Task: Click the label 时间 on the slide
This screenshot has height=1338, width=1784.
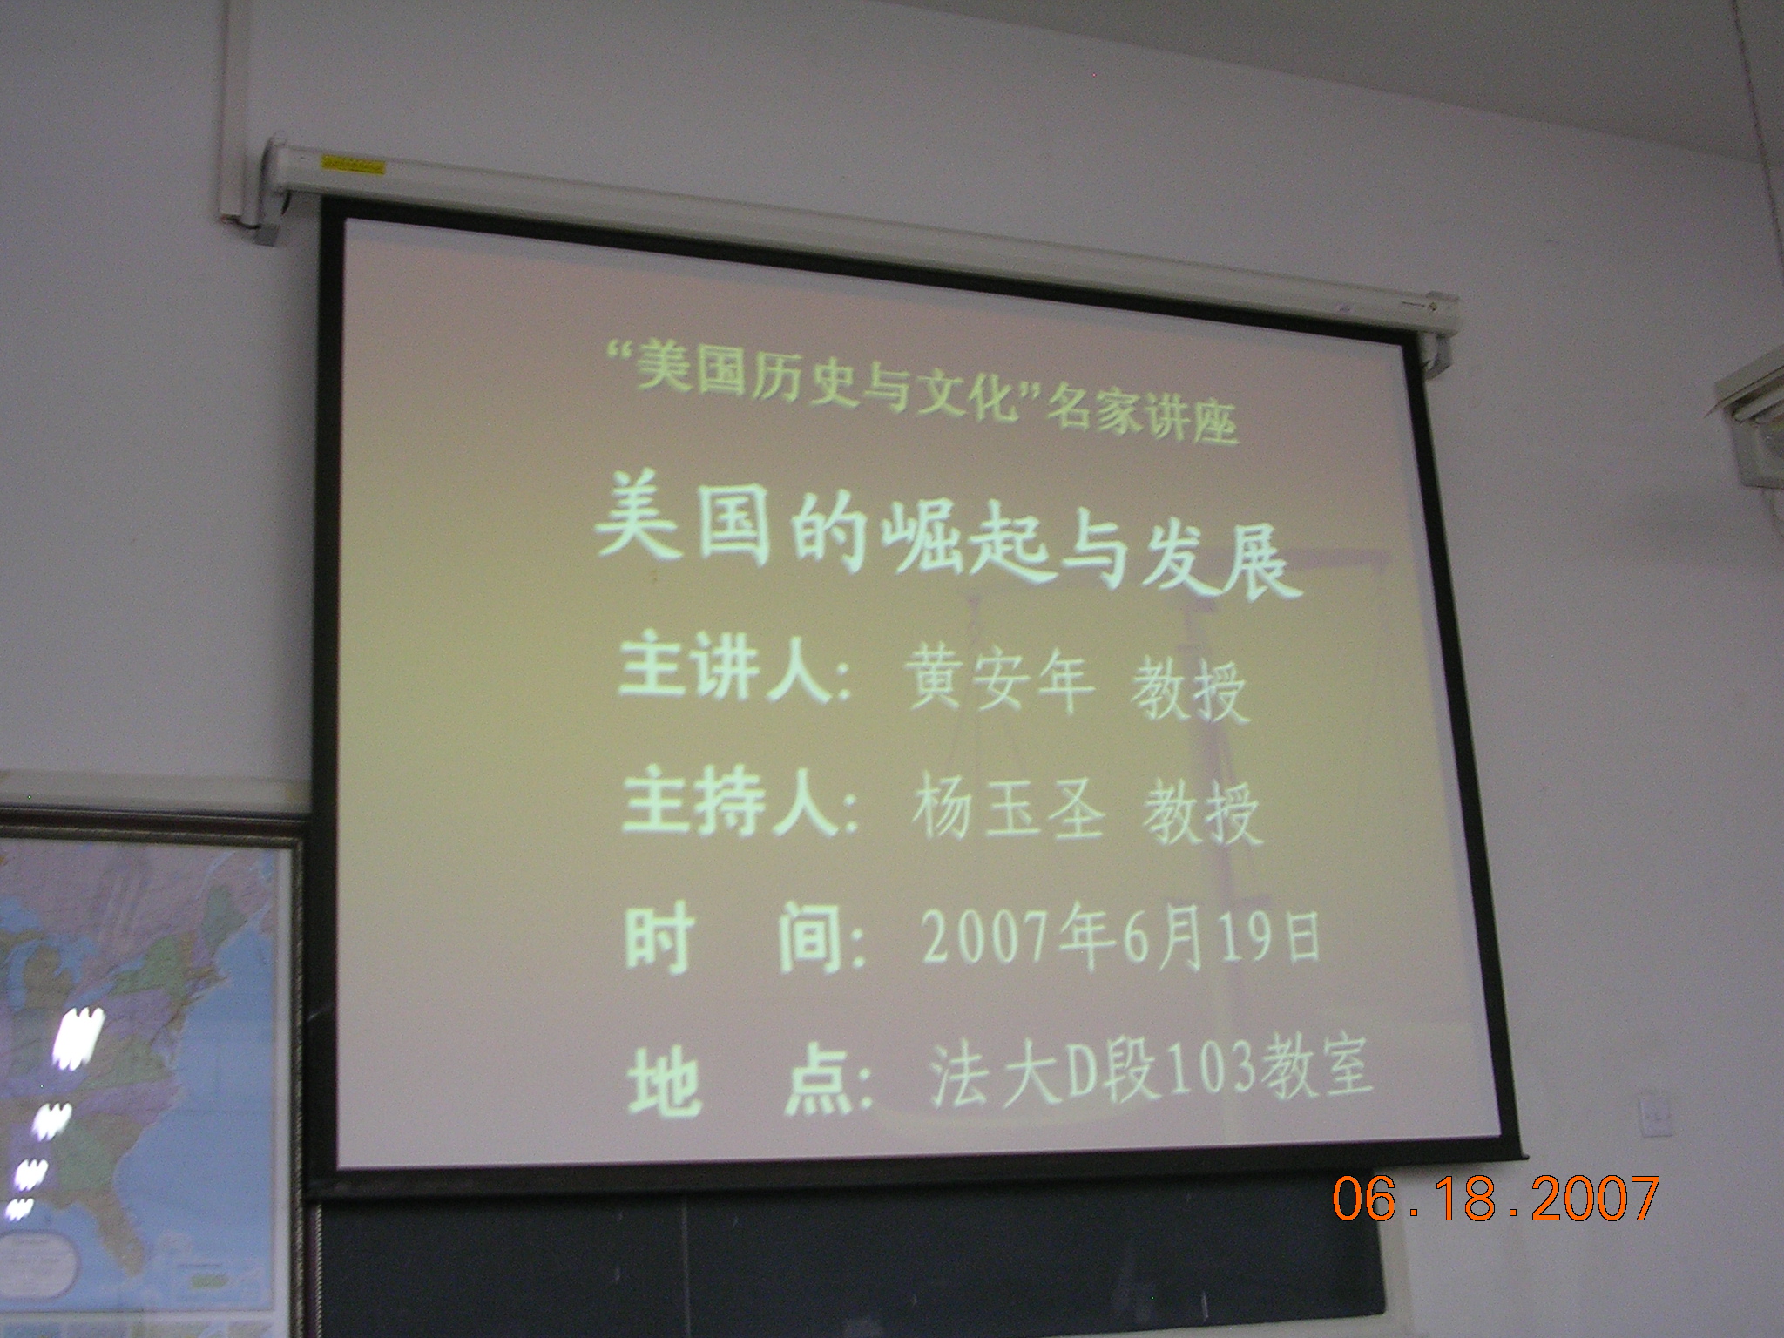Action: (x=740, y=941)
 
